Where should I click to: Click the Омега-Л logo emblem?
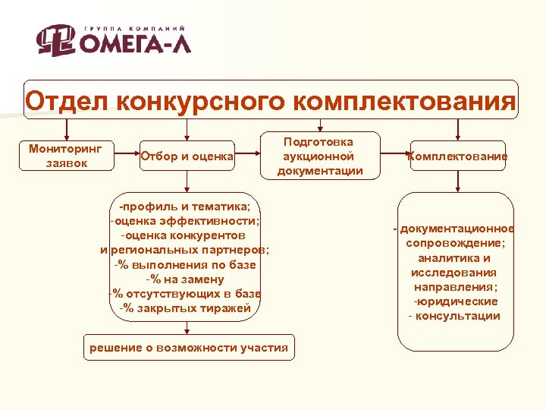click(56, 40)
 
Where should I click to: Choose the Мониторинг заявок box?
click(66, 155)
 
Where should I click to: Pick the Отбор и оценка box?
click(187, 156)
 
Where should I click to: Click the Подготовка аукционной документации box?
click(319, 156)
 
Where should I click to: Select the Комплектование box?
click(457, 156)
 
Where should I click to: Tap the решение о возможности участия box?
click(189, 348)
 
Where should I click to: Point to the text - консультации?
click(454, 316)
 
